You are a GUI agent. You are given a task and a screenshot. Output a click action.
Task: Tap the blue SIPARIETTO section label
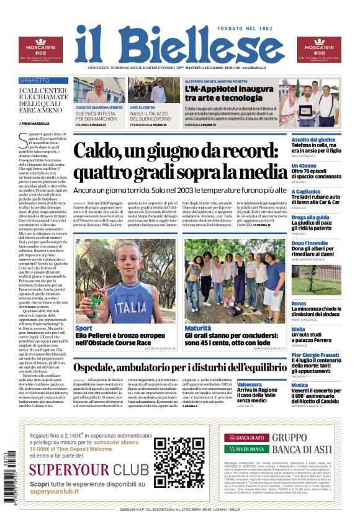click(x=35, y=81)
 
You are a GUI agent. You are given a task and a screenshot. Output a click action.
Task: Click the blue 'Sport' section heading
click(x=84, y=328)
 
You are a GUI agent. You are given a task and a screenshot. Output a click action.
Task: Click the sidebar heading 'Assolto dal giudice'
click(x=313, y=140)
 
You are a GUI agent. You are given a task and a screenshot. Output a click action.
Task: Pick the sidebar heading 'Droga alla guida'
click(x=310, y=217)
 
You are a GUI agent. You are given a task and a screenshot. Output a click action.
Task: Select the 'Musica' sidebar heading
click(x=300, y=385)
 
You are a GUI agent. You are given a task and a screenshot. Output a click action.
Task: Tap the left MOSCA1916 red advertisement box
click(x=40, y=50)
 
